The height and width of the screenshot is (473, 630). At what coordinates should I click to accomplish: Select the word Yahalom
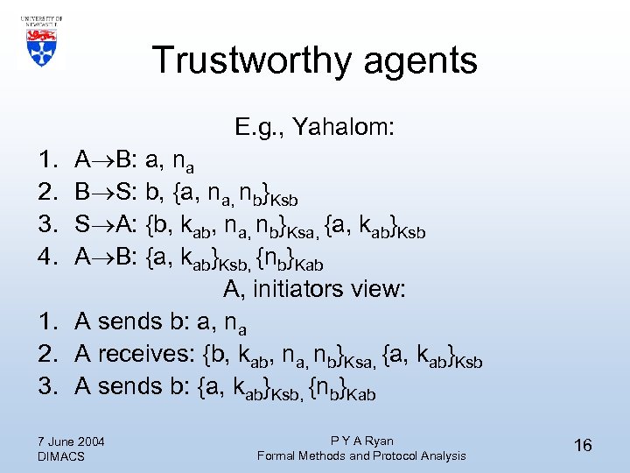point(345,128)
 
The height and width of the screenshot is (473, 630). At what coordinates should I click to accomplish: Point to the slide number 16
point(583,446)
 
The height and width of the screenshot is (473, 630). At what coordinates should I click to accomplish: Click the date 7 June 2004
point(72,441)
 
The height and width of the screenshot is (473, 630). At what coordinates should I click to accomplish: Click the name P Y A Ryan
point(361,441)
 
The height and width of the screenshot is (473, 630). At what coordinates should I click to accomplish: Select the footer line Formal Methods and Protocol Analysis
point(361,455)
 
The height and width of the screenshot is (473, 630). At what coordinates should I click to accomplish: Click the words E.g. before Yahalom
point(259,129)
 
